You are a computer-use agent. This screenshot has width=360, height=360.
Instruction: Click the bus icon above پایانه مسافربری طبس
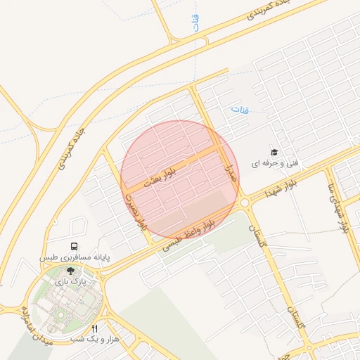(x=74, y=247)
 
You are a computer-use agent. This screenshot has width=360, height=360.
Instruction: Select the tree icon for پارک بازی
(x=70, y=270)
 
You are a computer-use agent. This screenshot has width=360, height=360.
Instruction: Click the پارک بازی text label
(x=70, y=281)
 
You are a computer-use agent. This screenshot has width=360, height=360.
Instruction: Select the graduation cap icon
(x=274, y=152)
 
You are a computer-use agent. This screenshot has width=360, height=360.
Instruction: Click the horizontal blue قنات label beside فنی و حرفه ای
(x=240, y=110)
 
